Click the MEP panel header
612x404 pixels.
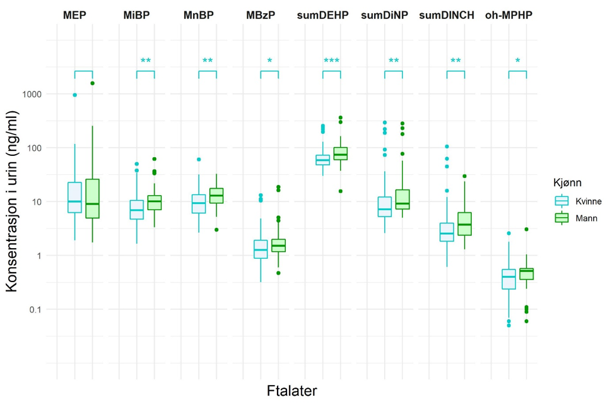point(76,15)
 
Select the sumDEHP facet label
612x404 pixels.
point(322,15)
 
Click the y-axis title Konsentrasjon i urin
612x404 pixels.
point(13,201)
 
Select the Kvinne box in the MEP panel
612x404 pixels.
point(74,197)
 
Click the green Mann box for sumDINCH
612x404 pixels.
point(464,223)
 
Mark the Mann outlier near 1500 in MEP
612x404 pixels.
point(92,83)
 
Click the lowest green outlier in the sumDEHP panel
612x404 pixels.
point(341,191)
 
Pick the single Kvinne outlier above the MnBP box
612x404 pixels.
point(199,160)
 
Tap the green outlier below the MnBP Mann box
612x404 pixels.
point(216,230)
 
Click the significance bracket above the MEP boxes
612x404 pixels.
point(83,71)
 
